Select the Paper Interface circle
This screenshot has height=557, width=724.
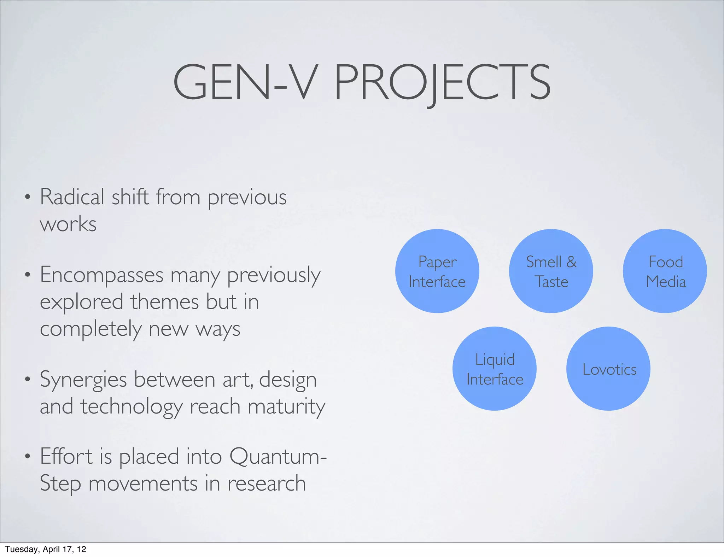(x=437, y=271)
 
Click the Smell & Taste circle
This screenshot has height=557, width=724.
(x=551, y=271)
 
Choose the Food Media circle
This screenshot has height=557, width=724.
(x=665, y=271)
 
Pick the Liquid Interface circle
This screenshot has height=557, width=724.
(x=495, y=368)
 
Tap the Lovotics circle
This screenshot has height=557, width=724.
(x=608, y=368)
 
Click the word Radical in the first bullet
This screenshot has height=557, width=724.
(x=72, y=197)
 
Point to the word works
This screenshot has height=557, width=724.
(x=68, y=224)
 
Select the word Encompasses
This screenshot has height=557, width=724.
(x=101, y=275)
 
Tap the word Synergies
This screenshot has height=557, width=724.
(x=83, y=380)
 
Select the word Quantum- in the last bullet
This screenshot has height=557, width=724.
(x=278, y=456)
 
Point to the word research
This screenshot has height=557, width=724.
(x=266, y=483)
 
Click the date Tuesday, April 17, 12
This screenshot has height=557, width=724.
(x=45, y=549)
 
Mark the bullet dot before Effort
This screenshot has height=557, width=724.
(x=28, y=456)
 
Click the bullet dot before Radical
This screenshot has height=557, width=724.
(x=28, y=197)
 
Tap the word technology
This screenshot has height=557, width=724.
(x=131, y=407)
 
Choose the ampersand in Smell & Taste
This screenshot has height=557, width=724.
(x=572, y=262)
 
